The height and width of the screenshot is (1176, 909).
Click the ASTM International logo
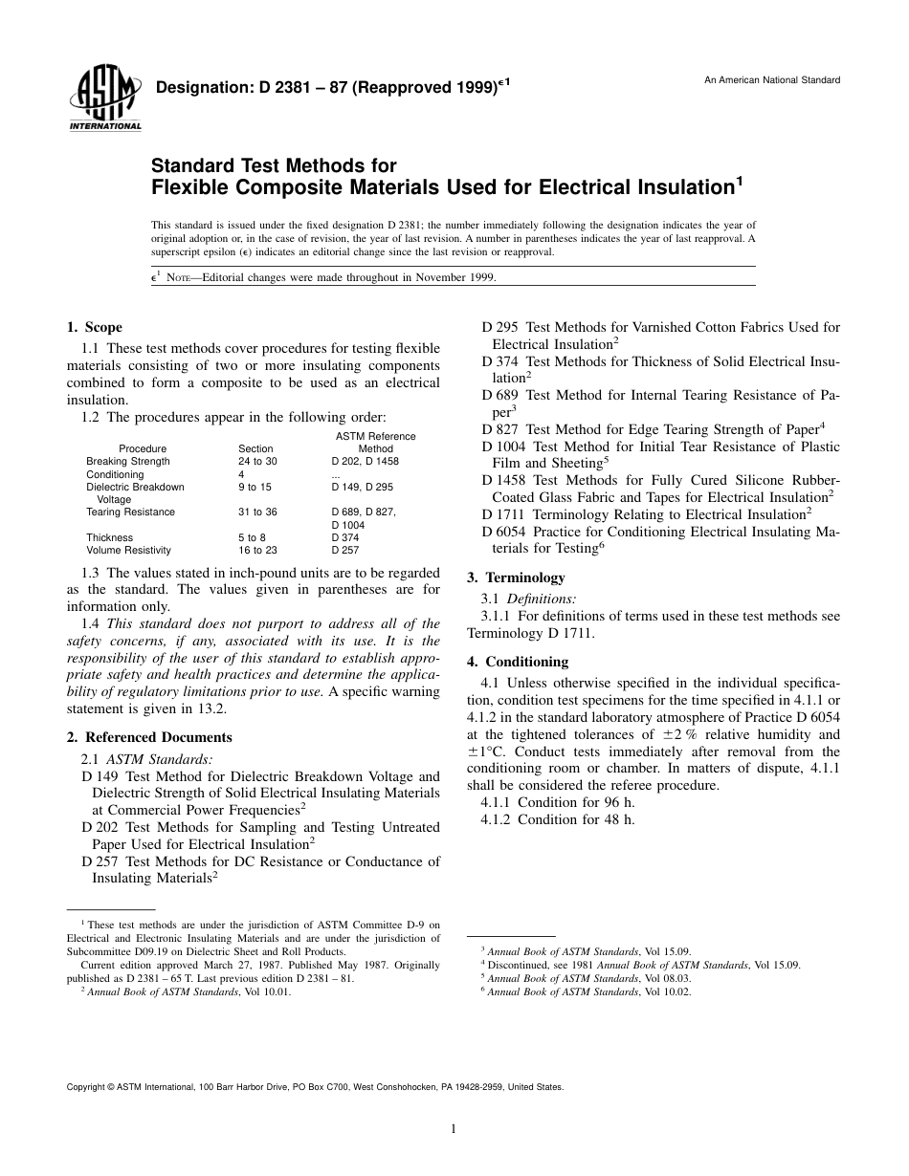click(104, 99)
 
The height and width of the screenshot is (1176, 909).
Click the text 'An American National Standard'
click(772, 80)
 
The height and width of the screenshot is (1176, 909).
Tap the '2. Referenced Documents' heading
click(149, 737)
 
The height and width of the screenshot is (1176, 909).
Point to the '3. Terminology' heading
click(516, 577)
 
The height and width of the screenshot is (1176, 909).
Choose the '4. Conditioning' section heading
click(518, 662)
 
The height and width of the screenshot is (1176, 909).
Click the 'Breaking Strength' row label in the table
click(128, 462)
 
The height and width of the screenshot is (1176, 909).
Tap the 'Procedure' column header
click(143, 448)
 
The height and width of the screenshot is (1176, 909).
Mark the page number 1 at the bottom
click(454, 1129)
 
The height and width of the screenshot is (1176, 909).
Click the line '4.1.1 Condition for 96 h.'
click(558, 803)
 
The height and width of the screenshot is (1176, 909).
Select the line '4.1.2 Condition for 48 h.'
click(558, 819)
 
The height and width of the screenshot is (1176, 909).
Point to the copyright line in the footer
click(315, 1087)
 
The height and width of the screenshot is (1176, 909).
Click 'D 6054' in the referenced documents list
click(504, 532)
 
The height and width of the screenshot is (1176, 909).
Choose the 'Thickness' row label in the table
click(108, 537)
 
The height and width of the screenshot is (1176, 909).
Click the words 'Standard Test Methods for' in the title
click(274, 165)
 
